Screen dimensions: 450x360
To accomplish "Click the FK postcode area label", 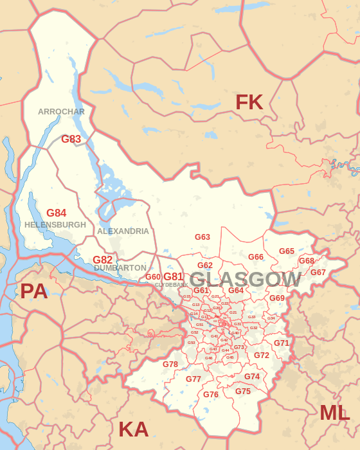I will click(249, 102).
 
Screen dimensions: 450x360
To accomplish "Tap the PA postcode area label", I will click(34, 291).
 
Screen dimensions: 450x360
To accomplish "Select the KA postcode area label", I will click(133, 429).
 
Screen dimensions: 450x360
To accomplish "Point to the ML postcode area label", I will click(335, 413).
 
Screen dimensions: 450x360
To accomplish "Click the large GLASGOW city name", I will click(246, 280).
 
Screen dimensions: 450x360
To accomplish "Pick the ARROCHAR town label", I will click(61, 112).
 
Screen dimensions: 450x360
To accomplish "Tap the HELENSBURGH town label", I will click(55, 225).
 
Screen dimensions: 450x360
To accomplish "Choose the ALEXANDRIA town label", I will click(123, 231).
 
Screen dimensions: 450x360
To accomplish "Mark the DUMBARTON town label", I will click(120, 268).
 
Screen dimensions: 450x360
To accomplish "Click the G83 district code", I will click(71, 139).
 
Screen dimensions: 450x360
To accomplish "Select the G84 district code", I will click(57, 213).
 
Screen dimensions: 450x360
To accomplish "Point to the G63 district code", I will click(203, 237).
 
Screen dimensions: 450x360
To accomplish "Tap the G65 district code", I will click(287, 251).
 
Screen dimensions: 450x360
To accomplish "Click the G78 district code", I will click(170, 364).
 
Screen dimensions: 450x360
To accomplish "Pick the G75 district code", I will click(243, 392).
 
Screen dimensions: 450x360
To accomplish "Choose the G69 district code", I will click(277, 298).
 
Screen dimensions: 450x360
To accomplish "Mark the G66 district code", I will click(256, 257).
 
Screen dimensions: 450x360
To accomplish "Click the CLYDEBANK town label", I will click(172, 284).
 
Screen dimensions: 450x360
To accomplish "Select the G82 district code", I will click(103, 260).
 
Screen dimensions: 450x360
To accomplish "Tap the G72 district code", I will click(262, 355).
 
